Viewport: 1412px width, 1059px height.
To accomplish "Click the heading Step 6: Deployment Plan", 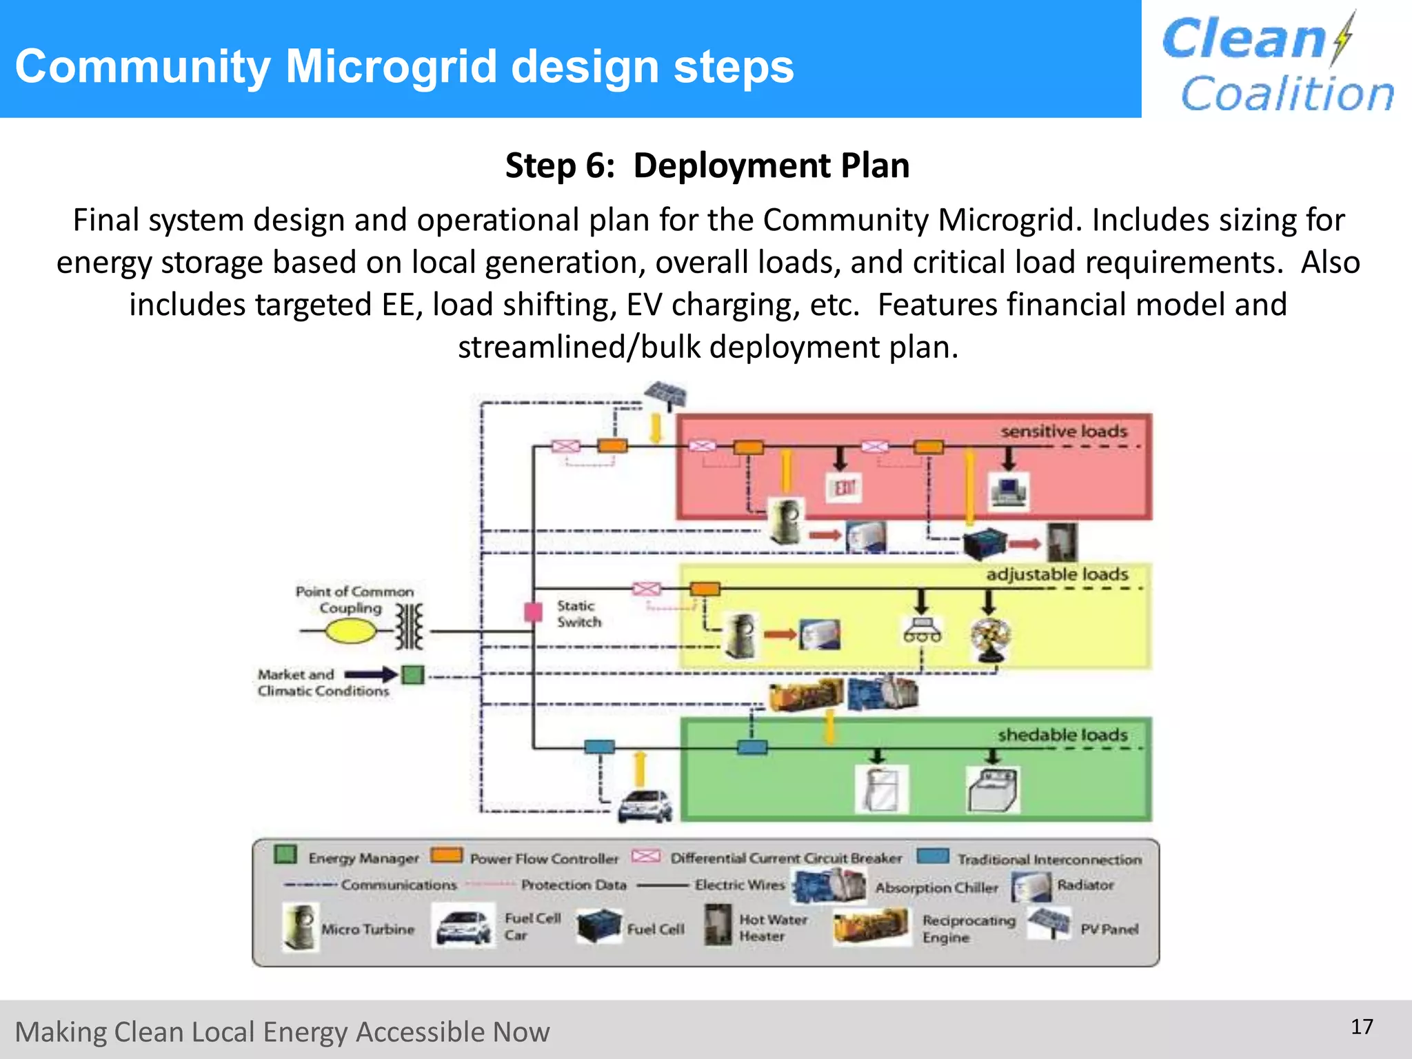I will (707, 166).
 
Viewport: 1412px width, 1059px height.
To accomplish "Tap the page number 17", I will (1362, 1027).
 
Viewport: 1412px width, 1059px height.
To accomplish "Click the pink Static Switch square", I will (533, 612).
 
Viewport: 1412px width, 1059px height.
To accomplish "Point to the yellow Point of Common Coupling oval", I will (350, 631).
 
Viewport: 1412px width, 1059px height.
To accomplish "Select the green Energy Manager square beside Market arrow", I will (413, 674).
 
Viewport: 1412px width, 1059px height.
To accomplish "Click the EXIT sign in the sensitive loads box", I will (844, 488).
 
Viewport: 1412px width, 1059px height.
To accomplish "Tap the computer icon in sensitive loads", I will (1009, 492).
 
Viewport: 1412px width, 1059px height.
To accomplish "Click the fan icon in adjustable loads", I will (989, 639).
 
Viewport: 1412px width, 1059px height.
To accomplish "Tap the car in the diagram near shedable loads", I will (645, 805).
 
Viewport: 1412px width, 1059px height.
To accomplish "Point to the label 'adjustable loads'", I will (1057, 574).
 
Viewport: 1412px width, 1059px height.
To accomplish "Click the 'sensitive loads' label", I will (1064, 432).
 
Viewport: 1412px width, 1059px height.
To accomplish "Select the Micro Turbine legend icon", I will (301, 928).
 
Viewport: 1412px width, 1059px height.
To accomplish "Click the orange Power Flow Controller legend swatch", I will (447, 856).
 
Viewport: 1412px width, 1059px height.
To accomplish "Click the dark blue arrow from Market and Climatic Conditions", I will (370, 674).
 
